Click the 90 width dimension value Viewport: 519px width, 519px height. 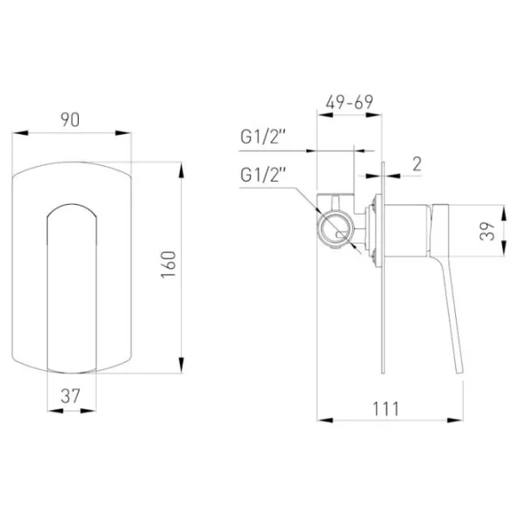(70, 119)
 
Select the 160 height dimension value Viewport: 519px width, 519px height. (169, 264)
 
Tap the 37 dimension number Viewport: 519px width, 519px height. (71, 396)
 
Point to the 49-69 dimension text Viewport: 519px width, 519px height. (349, 102)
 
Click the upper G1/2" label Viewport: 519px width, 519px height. (263, 137)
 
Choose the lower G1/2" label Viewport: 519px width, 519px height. (263, 175)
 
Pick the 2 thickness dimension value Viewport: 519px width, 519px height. (417, 164)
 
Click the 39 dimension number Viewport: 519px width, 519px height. (487, 231)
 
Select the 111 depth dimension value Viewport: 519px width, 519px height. (386, 409)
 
